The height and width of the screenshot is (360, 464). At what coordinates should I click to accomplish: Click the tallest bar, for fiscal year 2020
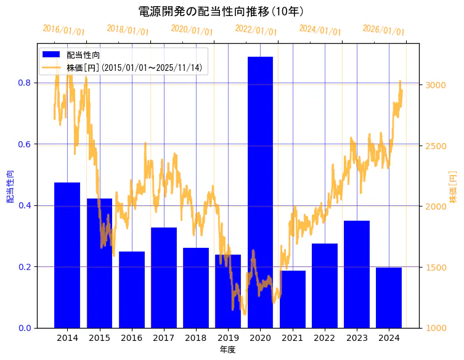pyautogui.click(x=260, y=192)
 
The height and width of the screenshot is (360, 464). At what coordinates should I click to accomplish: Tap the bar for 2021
pyautogui.click(x=292, y=299)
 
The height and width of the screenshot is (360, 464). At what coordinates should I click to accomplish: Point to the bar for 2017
pyautogui.click(x=164, y=277)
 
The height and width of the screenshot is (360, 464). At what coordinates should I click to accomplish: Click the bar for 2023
pyautogui.click(x=357, y=274)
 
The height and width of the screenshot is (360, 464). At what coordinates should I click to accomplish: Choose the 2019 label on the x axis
pyautogui.click(x=228, y=338)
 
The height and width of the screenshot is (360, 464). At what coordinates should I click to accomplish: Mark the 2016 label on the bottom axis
pyautogui.click(x=131, y=338)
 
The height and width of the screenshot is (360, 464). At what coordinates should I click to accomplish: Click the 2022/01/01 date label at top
pyautogui.click(x=256, y=30)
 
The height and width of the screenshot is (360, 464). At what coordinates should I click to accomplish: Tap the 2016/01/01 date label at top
pyautogui.click(x=64, y=30)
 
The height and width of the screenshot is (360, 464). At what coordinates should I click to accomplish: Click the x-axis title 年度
pyautogui.click(x=227, y=350)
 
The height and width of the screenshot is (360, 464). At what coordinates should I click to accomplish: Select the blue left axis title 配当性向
pyautogui.click(x=10, y=187)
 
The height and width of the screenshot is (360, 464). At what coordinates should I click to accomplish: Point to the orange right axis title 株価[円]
pyautogui.click(x=454, y=187)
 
